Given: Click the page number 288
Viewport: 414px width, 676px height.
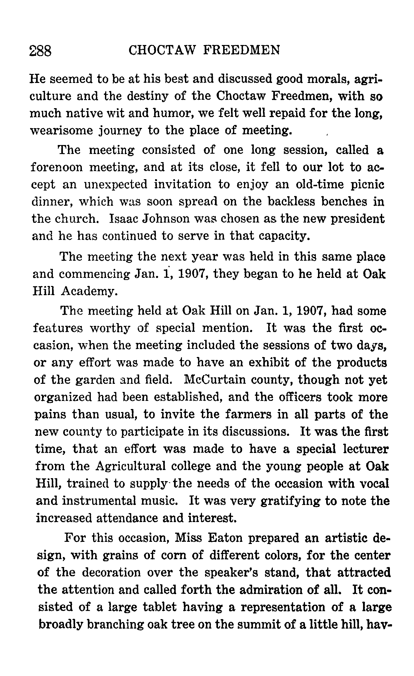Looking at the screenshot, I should pos(40,51).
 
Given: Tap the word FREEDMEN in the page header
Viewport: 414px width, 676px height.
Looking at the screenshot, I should pos(241,50).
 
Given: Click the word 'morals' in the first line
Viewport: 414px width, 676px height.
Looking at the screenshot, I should pos(327,79).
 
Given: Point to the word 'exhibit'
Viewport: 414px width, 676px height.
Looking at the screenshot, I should pos(269,362).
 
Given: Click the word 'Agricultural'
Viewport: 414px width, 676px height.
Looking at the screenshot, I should pos(131,466).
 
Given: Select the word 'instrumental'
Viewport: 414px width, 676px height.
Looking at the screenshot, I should pos(99,501).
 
